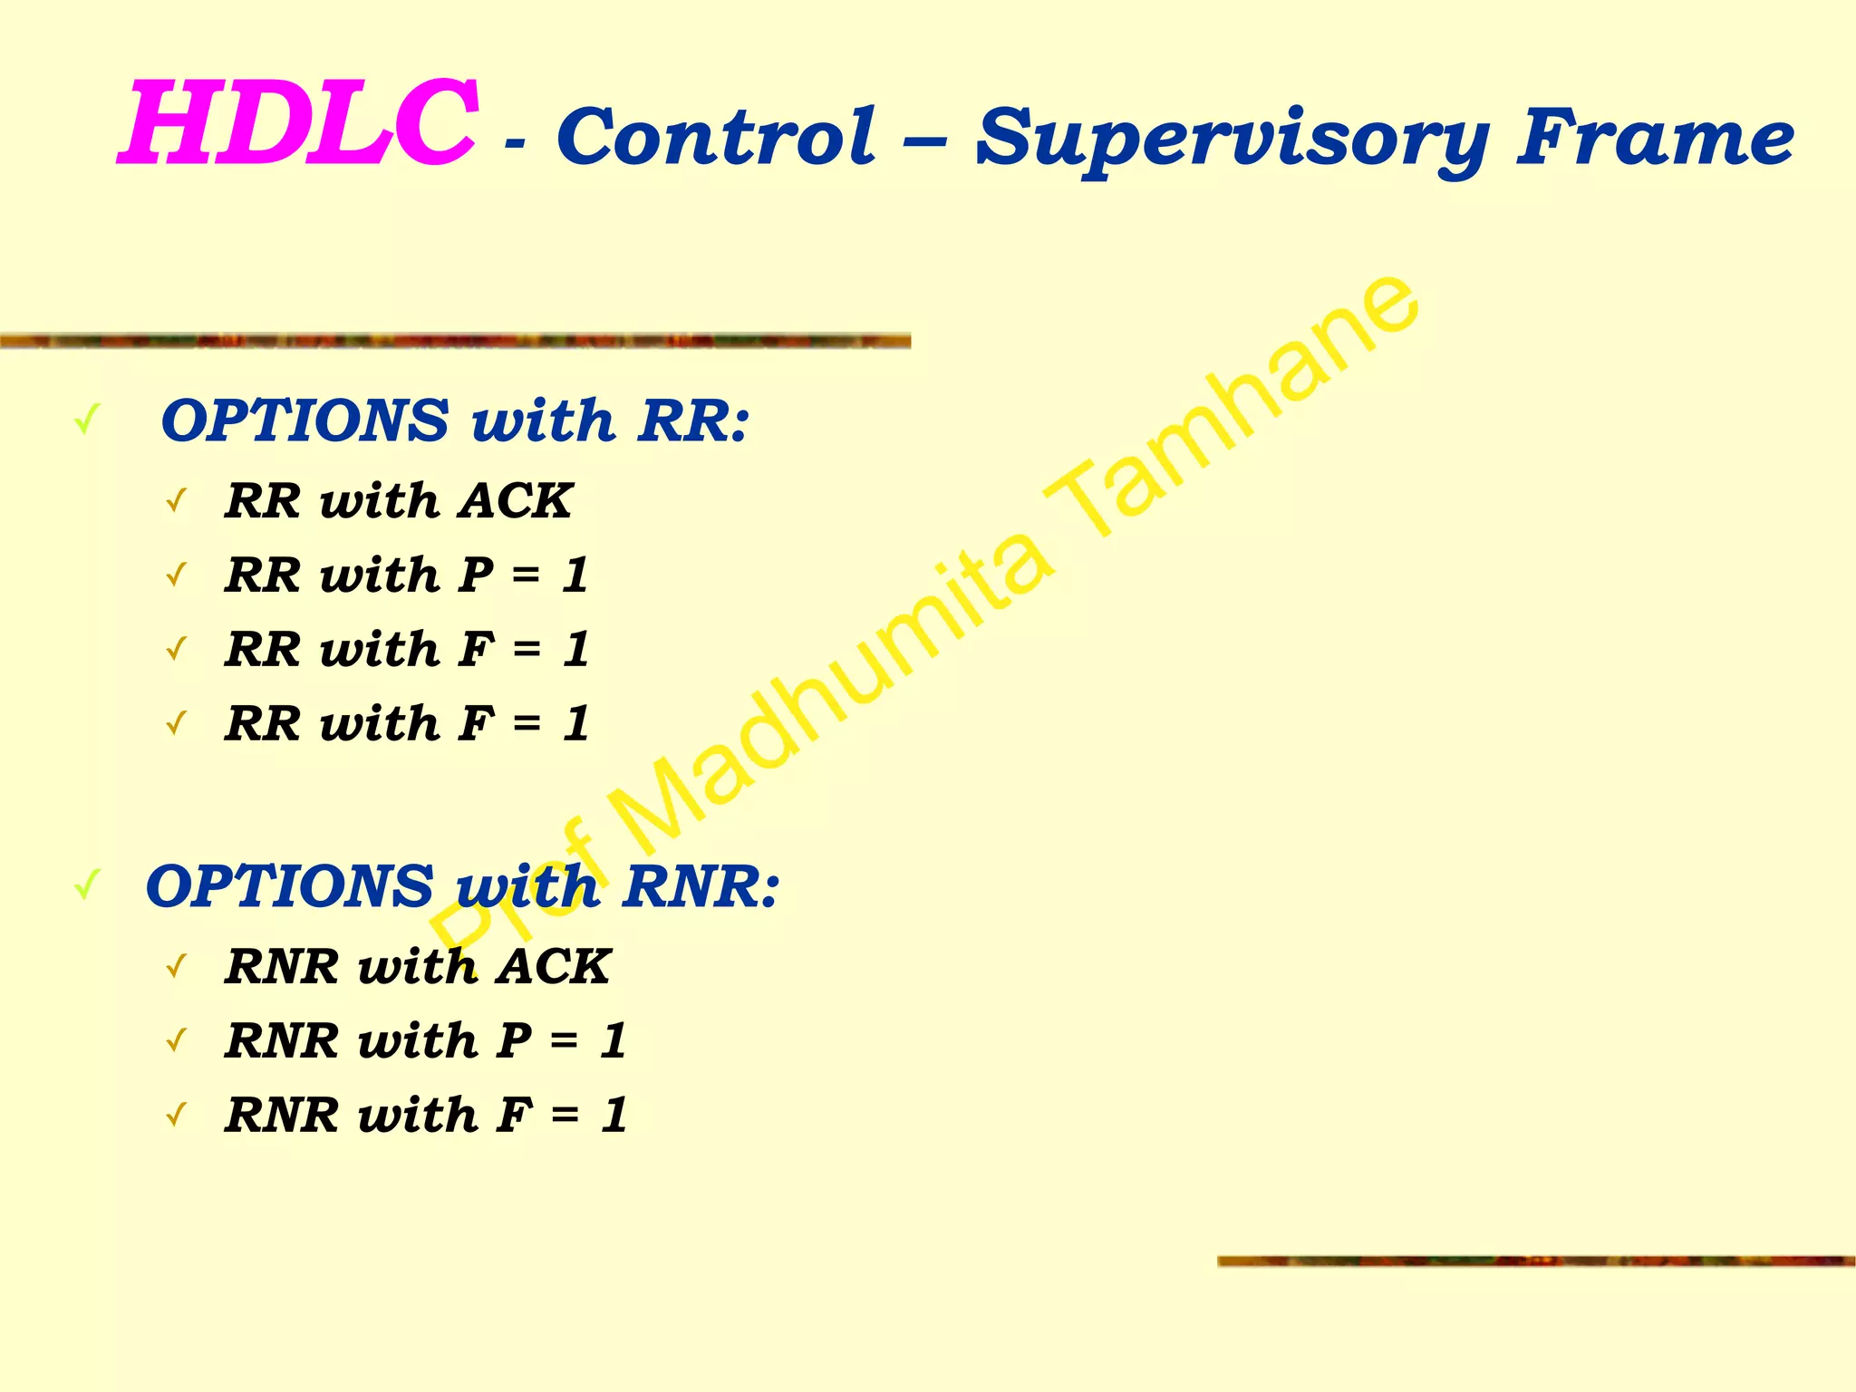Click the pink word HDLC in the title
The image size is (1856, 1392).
pos(299,124)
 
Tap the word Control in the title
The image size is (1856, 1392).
pos(716,138)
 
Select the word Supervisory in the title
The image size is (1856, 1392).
pos(1232,140)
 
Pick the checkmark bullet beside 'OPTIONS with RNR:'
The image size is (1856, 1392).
pos(87,885)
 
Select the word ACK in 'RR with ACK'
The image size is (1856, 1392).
pos(515,500)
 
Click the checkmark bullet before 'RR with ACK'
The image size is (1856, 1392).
pos(177,500)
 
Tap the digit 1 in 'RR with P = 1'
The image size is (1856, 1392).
pos(575,575)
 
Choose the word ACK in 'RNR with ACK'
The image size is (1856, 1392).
pos(553,966)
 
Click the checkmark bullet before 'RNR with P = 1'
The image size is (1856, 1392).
pos(177,1040)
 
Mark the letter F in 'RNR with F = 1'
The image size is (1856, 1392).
pos(514,1115)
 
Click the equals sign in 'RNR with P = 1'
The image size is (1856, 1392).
pos(564,1040)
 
